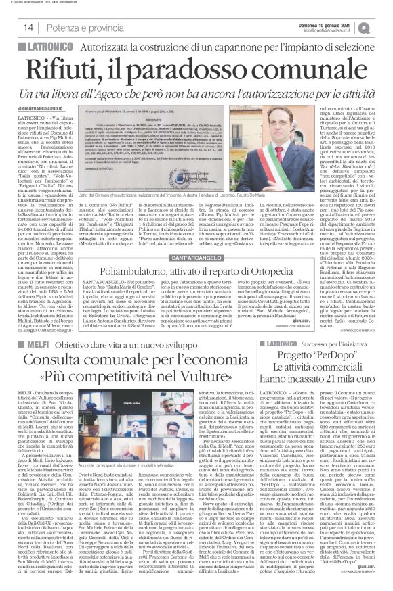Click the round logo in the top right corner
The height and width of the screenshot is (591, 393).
tap(384, 26)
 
